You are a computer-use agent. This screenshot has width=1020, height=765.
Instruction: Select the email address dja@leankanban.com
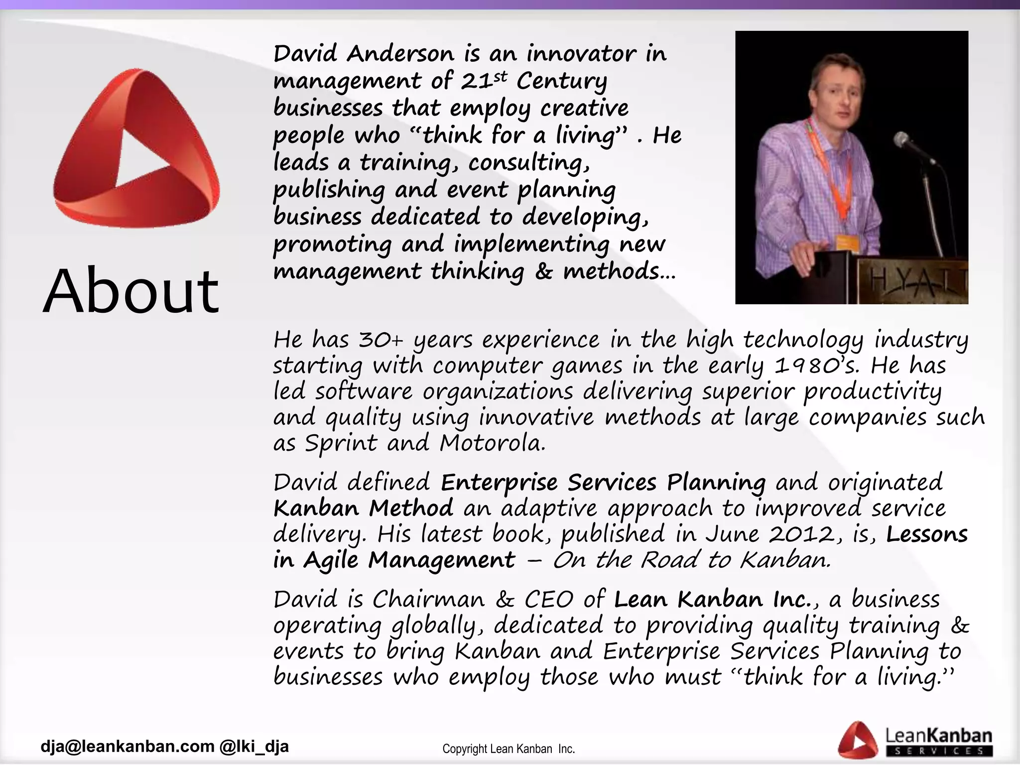tap(127, 746)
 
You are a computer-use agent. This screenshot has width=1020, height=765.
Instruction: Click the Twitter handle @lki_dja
tap(254, 746)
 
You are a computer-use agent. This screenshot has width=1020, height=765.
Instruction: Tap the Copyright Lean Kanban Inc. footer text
tap(509, 749)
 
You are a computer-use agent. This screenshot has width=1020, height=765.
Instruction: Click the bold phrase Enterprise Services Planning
tap(603, 482)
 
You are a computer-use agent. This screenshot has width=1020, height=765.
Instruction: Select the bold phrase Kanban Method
tap(363, 508)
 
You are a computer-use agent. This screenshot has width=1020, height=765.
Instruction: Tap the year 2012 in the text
tap(801, 534)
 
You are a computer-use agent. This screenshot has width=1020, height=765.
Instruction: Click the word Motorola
tap(492, 443)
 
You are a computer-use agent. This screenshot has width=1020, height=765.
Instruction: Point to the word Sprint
tap(341, 443)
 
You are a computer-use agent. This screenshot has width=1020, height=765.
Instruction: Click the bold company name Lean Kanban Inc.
tap(713, 599)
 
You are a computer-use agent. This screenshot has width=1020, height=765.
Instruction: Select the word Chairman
tap(428, 599)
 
